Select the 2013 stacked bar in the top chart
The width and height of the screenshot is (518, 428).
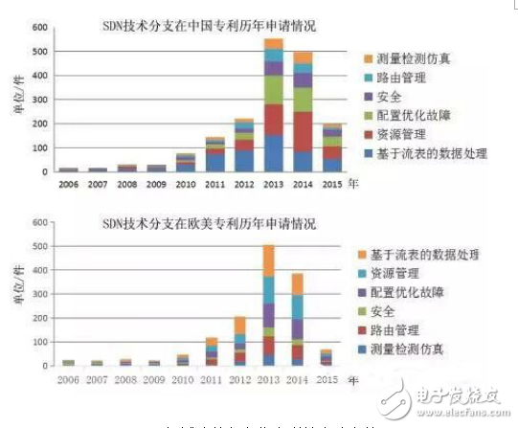tap(274, 105)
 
